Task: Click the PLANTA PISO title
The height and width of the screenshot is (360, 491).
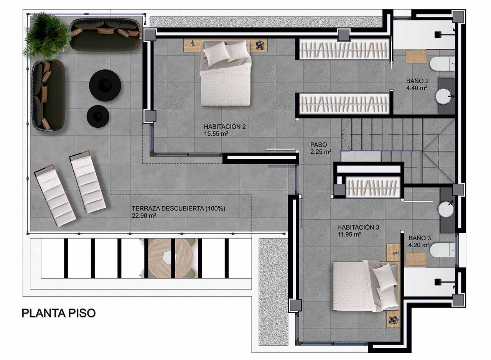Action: click(x=59, y=313)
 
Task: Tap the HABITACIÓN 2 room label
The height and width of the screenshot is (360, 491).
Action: click(x=225, y=127)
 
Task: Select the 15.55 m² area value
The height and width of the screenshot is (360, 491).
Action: click(x=216, y=134)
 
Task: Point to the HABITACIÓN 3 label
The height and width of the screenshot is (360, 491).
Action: click(x=358, y=227)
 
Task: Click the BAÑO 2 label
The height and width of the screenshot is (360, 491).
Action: click(x=417, y=81)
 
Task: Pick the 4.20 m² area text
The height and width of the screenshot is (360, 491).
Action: click(x=419, y=245)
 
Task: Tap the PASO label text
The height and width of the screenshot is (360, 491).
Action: click(x=318, y=145)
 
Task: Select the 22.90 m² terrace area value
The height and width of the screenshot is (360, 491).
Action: click(x=144, y=215)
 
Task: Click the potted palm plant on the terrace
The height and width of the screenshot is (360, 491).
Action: click(x=47, y=35)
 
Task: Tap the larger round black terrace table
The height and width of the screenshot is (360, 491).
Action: click(x=105, y=85)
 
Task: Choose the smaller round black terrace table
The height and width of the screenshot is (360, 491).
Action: click(x=98, y=116)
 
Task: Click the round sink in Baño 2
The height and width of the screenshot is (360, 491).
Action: click(x=443, y=96)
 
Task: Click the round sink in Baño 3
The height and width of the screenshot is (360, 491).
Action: click(x=446, y=209)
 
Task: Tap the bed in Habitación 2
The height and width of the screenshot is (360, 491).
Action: click(x=226, y=74)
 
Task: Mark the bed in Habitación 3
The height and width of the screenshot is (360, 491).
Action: click(x=366, y=286)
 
